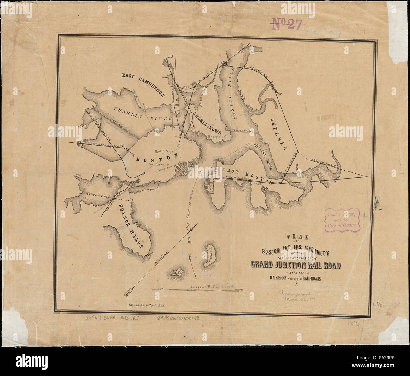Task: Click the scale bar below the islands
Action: [197, 289]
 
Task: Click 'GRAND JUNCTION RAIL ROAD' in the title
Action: [296, 265]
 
